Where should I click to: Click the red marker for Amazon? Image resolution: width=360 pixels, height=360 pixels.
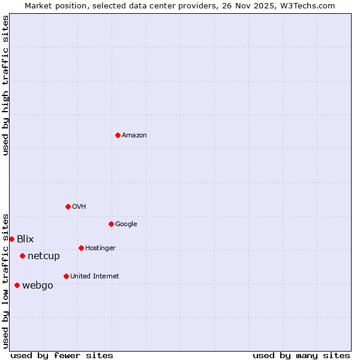[x=118, y=135]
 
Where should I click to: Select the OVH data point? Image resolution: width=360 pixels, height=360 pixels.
[x=68, y=206]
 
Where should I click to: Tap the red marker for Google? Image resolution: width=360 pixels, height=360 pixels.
[x=111, y=224]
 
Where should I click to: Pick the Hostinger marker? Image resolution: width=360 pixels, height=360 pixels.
[x=81, y=248]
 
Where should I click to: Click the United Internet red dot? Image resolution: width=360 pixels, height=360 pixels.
[x=66, y=276]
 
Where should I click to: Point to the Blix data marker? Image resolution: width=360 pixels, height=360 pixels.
[x=11, y=239]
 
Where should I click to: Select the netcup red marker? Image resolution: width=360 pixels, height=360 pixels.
[x=22, y=256]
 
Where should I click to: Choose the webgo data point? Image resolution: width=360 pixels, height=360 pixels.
[x=17, y=285]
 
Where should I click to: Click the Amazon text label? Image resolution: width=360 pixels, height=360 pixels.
[x=134, y=135]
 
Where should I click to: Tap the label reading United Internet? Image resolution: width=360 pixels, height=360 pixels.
[x=94, y=276]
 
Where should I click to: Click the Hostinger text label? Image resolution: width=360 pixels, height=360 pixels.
[x=100, y=248]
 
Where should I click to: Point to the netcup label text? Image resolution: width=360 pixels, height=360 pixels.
[x=44, y=256]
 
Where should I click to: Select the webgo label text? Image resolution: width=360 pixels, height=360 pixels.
[x=37, y=286]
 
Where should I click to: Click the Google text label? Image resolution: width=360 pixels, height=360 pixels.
[x=126, y=224]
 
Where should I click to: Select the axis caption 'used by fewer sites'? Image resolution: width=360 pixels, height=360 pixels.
[x=62, y=355]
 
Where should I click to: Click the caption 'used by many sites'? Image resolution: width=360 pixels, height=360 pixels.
[x=301, y=355]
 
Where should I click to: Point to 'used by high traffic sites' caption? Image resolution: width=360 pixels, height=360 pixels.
[x=5, y=85]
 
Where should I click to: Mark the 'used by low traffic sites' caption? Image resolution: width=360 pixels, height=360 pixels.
[x=5, y=281]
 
